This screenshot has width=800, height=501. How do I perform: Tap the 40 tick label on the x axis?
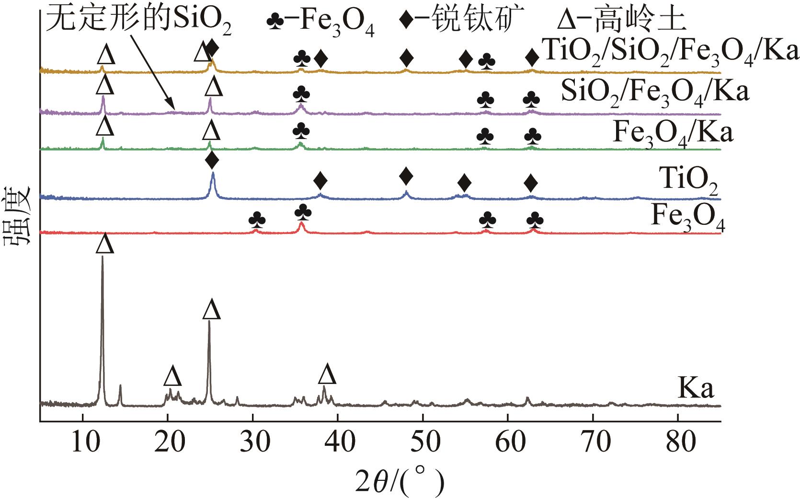point(338,443)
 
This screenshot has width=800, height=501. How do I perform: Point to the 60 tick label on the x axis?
point(508,443)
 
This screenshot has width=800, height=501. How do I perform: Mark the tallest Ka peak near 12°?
point(102,257)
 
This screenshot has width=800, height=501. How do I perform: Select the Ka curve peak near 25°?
point(209,322)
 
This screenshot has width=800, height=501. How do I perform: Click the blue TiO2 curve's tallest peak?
point(213,174)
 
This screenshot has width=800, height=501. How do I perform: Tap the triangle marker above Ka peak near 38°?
point(327,374)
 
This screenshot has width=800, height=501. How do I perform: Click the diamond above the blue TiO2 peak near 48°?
point(406,176)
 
